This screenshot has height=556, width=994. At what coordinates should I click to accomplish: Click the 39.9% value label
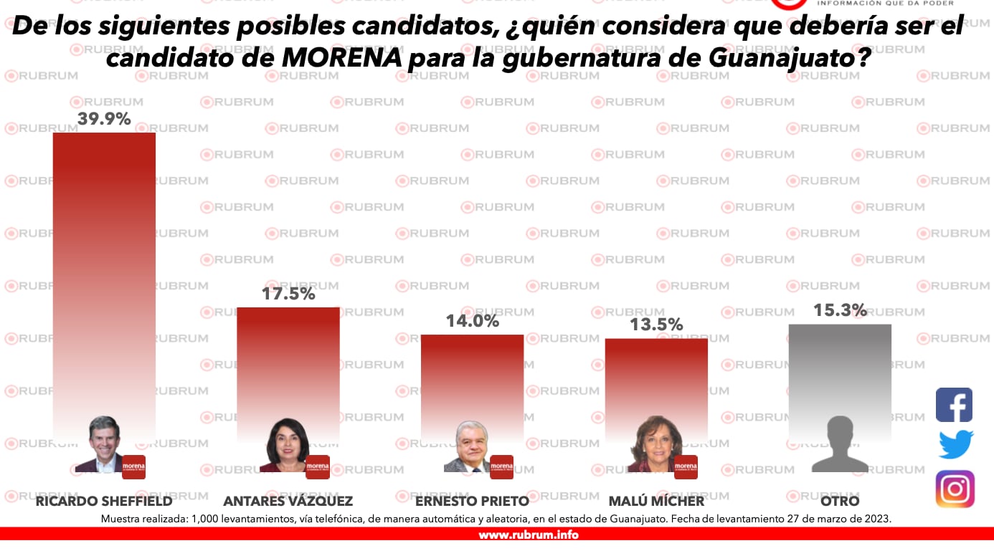pyautogui.click(x=104, y=119)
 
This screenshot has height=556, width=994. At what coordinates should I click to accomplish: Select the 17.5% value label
pyautogui.click(x=288, y=294)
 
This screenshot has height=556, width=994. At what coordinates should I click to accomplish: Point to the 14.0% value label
pyautogui.click(x=472, y=321)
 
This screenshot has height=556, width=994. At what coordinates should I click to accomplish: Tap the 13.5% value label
pyautogui.click(x=655, y=325)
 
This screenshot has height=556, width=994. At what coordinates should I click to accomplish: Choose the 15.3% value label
pyautogui.click(x=840, y=310)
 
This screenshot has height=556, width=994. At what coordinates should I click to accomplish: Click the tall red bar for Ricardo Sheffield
pyautogui.click(x=104, y=272)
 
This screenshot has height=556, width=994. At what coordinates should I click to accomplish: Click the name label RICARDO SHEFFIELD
pyautogui.click(x=104, y=501)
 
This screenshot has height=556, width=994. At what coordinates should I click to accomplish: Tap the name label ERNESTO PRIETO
pyautogui.click(x=472, y=501)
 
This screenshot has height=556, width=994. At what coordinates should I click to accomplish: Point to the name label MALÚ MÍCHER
pyautogui.click(x=655, y=501)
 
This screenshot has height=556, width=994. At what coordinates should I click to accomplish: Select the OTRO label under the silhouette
pyautogui.click(x=840, y=501)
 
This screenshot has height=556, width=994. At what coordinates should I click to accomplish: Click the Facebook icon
pyautogui.click(x=954, y=405)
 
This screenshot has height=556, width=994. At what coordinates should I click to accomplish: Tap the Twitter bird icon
pyautogui.click(x=955, y=444)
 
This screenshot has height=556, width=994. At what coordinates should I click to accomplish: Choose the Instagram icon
pyautogui.click(x=955, y=489)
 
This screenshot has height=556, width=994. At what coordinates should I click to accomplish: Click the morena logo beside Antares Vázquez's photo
pyautogui.click(x=317, y=466)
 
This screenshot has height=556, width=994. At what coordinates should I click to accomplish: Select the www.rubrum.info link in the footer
pyautogui.click(x=528, y=535)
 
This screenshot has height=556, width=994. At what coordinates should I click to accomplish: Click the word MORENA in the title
pyautogui.click(x=341, y=59)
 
